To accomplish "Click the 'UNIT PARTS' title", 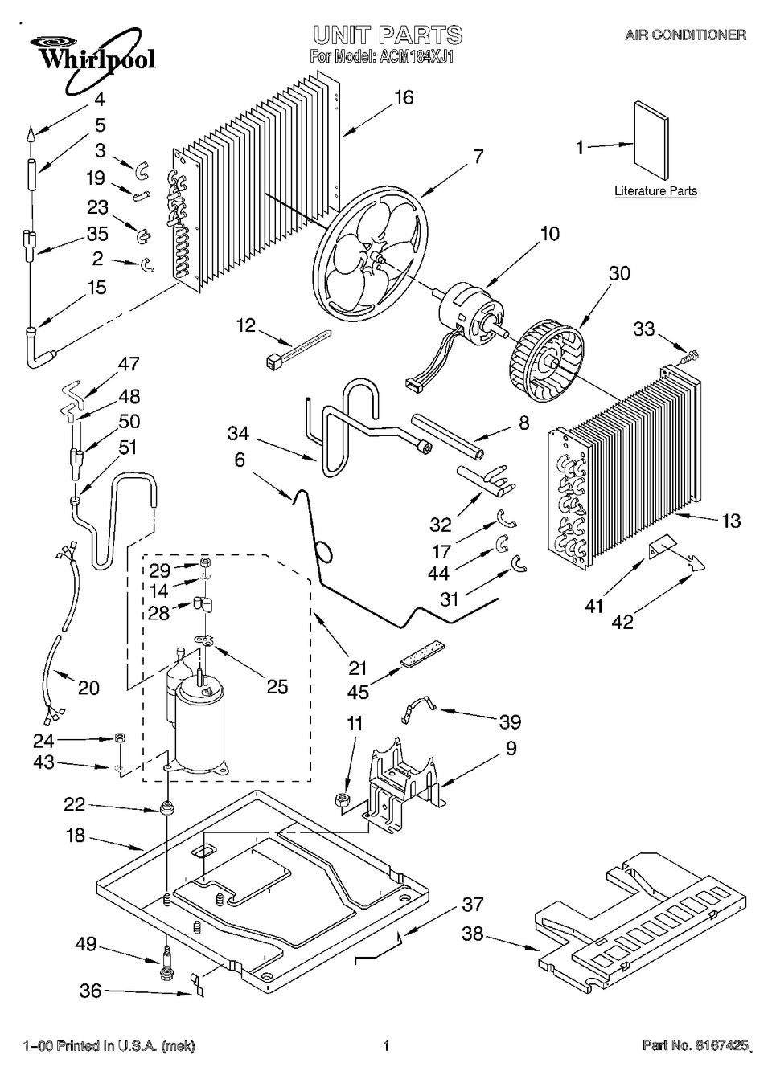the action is click(x=388, y=35).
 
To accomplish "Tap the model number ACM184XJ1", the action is click(x=415, y=57).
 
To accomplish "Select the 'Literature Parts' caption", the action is click(x=655, y=190).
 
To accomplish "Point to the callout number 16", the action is click(x=404, y=97).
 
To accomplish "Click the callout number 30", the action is click(x=619, y=273).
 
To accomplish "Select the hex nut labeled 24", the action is click(x=120, y=738).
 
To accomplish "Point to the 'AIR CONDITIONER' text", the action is click(x=686, y=35).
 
